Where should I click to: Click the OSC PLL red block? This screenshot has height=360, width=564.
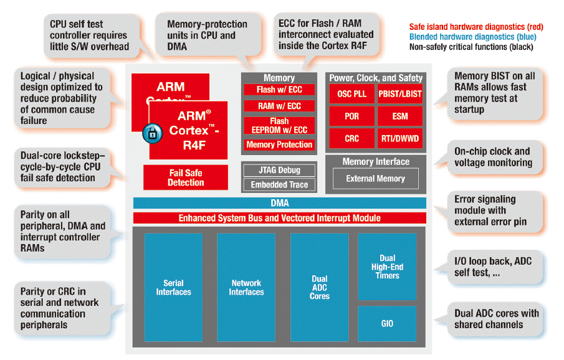[351, 94]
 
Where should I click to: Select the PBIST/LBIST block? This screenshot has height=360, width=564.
[400, 94]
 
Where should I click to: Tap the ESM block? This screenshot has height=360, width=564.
[400, 116]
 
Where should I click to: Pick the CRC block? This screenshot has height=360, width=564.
[351, 138]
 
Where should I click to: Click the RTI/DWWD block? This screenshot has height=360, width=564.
[400, 138]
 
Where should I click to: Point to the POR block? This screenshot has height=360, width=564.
[351, 116]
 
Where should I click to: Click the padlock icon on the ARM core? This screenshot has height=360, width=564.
[152, 133]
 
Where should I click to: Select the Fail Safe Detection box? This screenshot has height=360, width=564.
[186, 178]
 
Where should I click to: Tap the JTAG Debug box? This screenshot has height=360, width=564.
[279, 170]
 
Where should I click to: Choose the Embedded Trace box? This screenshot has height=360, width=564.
[279, 184]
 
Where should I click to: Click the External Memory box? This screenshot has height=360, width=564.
[375, 179]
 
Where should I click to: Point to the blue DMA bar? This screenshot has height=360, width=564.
[279, 203]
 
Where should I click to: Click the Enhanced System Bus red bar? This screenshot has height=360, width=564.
[279, 218]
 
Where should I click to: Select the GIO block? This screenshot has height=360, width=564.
[387, 324]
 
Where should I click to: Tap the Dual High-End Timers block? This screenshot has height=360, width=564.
[387, 267]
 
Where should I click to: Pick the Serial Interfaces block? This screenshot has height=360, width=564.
[173, 287]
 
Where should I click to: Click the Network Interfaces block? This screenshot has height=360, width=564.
[246, 287]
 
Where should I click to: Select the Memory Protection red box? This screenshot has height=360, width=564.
[279, 144]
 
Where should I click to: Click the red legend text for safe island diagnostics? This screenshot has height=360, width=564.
[476, 27]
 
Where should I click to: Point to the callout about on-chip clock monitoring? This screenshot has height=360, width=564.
[492, 157]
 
